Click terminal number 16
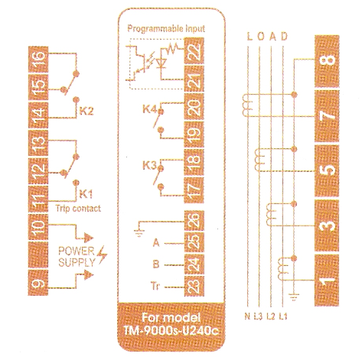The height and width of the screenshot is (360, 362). pos(38,59)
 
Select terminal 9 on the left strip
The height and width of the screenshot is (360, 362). pos(38,283)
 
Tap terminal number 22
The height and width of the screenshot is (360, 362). pos(194,51)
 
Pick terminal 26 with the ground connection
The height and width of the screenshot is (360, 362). pos(194,221)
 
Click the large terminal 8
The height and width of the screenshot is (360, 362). pos(327,61)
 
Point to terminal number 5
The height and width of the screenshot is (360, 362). pos(327,170)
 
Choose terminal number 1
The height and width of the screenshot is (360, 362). pos(327,281)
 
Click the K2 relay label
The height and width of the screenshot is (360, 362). pos(86,111)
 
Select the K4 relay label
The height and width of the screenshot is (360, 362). pos(149,109)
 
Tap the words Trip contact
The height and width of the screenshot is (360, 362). pos(78,209)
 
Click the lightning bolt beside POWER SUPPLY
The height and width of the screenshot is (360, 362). pos(103,255)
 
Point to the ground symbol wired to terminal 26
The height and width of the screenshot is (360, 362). pos(139,233)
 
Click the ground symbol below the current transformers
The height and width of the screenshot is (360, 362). pos(294,297)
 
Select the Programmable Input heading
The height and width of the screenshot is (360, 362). pos(166,28)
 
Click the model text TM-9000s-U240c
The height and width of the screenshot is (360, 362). pos(171,331)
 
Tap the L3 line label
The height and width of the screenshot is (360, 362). pos(258,316)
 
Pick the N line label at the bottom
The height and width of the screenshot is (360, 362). pos(247,316)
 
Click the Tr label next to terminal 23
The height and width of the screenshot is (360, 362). pos(155,286)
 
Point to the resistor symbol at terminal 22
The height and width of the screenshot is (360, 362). pos(172,48)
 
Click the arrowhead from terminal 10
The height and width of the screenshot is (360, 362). pos(89,238)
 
